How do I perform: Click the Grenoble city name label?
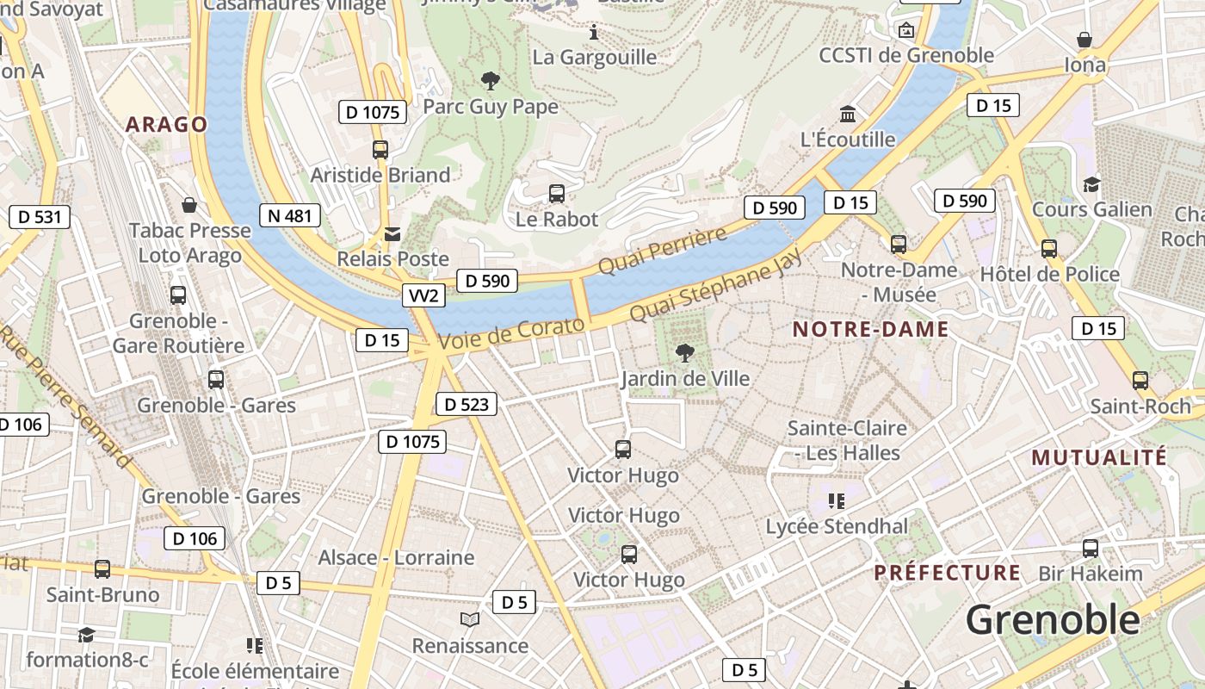pos(1052,619)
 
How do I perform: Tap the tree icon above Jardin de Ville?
pos(685,351)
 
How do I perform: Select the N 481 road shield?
pos(290,215)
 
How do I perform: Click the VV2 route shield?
pos(424,296)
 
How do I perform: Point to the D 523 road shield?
pos(467,404)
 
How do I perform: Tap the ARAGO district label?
pos(166,124)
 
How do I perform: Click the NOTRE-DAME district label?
pos(870,329)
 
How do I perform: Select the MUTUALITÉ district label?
pos(1099,457)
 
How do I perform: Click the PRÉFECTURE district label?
pos(947,573)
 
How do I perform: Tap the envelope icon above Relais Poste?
pos(392,233)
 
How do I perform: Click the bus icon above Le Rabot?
pos(557,194)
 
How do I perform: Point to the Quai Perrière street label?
pos(662,251)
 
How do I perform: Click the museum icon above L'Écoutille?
pos(848,115)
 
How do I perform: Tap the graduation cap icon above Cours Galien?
pos(1091,184)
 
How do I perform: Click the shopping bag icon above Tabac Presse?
pos(189,205)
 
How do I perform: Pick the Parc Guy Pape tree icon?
pos(491,82)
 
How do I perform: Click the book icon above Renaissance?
pos(469,620)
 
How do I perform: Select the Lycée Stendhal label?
pos(837,526)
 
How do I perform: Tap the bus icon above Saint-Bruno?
pos(102,569)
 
